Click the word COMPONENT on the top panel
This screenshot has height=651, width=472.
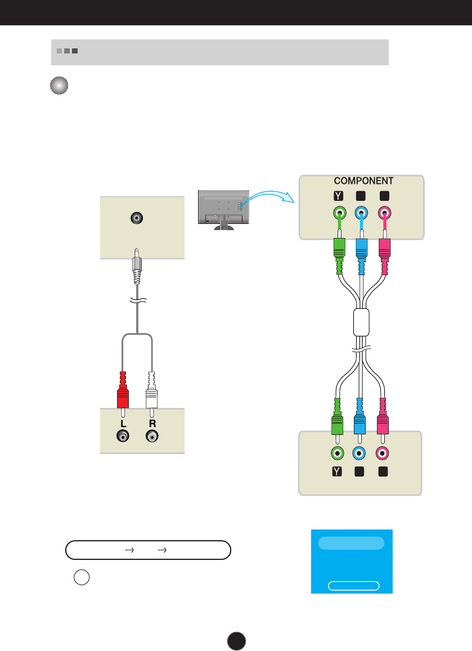click(x=363, y=181)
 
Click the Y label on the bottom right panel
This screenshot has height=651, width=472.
click(x=336, y=469)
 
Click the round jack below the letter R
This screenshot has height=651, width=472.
click(x=151, y=436)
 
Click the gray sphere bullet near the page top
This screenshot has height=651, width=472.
click(x=59, y=86)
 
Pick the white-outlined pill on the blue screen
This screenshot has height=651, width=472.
click(x=353, y=586)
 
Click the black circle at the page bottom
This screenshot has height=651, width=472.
click(x=237, y=640)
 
